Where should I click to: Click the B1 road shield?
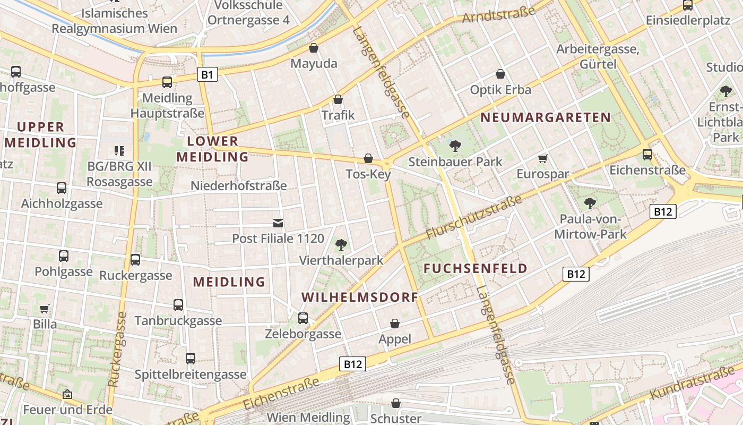pyautogui.click(x=207, y=75)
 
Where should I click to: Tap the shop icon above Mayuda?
pyautogui.click(x=314, y=48)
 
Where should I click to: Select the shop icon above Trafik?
pyautogui.click(x=338, y=99)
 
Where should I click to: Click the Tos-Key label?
pyautogui.click(x=368, y=174)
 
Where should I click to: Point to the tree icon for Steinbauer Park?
pyautogui.click(x=455, y=146)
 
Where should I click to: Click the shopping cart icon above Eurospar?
pyautogui.click(x=542, y=158)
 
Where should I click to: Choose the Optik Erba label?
pyautogui.click(x=500, y=90)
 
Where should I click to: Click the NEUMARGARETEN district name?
pyautogui.click(x=546, y=117)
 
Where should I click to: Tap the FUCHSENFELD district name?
pyautogui.click(x=476, y=268)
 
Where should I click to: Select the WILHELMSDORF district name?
pyautogui.click(x=360, y=297)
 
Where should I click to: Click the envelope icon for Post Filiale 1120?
pyautogui.click(x=278, y=223)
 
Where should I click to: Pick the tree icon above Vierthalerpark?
pyautogui.click(x=341, y=244)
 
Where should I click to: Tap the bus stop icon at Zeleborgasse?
pyautogui.click(x=303, y=318)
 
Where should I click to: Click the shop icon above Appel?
pyautogui.click(x=395, y=324)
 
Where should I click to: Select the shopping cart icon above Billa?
pyautogui.click(x=45, y=309)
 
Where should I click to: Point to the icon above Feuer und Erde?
pyautogui.click(x=67, y=394)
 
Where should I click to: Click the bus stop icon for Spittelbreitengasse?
pyautogui.click(x=191, y=359)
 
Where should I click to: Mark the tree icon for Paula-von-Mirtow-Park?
pyautogui.click(x=590, y=203)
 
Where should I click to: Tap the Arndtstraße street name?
pyautogui.click(x=498, y=14)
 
